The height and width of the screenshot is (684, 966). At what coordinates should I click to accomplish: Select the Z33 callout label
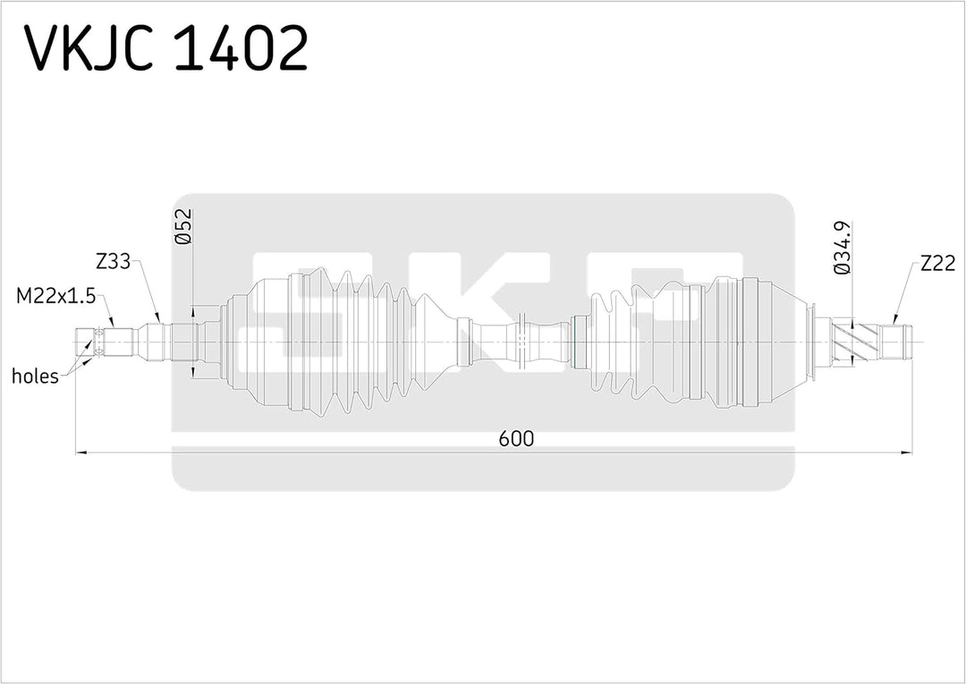[x=114, y=262]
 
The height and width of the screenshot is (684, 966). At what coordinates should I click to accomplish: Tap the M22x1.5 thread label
[x=55, y=294]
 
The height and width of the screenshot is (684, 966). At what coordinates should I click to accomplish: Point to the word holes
[x=35, y=376]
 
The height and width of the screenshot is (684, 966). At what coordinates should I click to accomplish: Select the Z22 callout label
[x=937, y=263]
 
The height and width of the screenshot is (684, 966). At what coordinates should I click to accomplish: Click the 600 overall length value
[x=517, y=438]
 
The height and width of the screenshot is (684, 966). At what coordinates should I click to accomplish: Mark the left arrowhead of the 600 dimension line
[x=80, y=453]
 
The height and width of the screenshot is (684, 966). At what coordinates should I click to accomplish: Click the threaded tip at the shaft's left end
[x=86, y=342]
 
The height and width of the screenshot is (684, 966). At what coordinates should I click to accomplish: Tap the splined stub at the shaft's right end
[x=897, y=342]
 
